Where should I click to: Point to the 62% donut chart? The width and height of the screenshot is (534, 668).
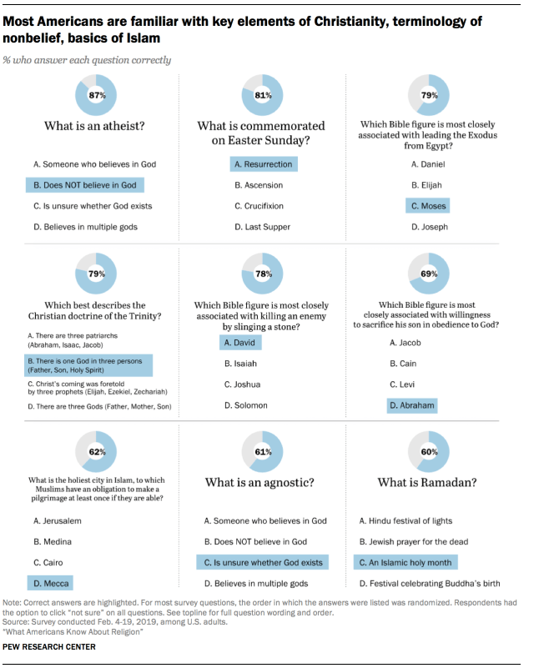pyautogui.click(x=96, y=451)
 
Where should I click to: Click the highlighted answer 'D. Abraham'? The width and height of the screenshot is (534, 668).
pyautogui.click(x=412, y=405)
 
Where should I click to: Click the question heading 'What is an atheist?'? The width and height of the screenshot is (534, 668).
pyautogui.click(x=96, y=127)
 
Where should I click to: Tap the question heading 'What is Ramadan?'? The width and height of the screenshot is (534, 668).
pyautogui.click(x=427, y=483)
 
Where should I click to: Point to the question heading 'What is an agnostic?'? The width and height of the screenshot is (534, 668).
pyautogui.click(x=261, y=483)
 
